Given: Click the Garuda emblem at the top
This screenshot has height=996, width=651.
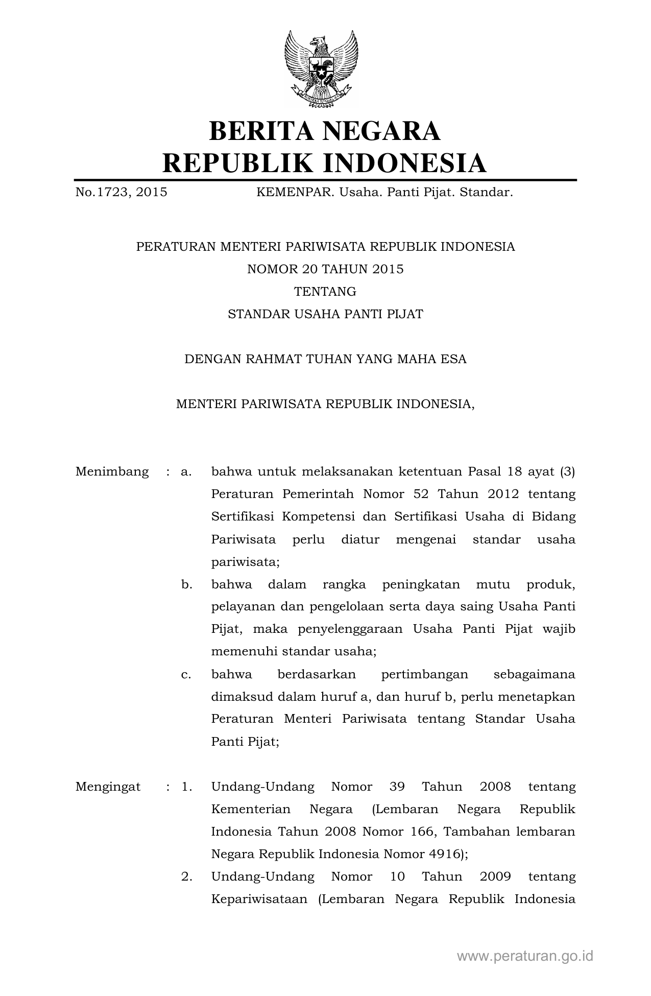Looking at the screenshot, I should (321, 69).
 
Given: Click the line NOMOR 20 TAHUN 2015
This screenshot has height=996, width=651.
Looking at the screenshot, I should (325, 269).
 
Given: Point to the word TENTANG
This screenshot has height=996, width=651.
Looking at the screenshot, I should (325, 292).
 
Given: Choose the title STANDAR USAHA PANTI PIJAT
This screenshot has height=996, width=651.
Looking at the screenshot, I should (325, 314).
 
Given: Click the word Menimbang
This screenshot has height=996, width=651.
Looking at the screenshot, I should (112, 471).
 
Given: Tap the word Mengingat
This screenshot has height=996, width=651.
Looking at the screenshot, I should (108, 787).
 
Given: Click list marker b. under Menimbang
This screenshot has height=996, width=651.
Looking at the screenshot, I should (186, 584).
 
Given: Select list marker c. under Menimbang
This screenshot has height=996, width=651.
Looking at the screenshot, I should (186, 674).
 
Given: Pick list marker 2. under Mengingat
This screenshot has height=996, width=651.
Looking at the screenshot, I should (186, 876).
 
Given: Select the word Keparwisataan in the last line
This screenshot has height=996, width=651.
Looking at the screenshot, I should (259, 899).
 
